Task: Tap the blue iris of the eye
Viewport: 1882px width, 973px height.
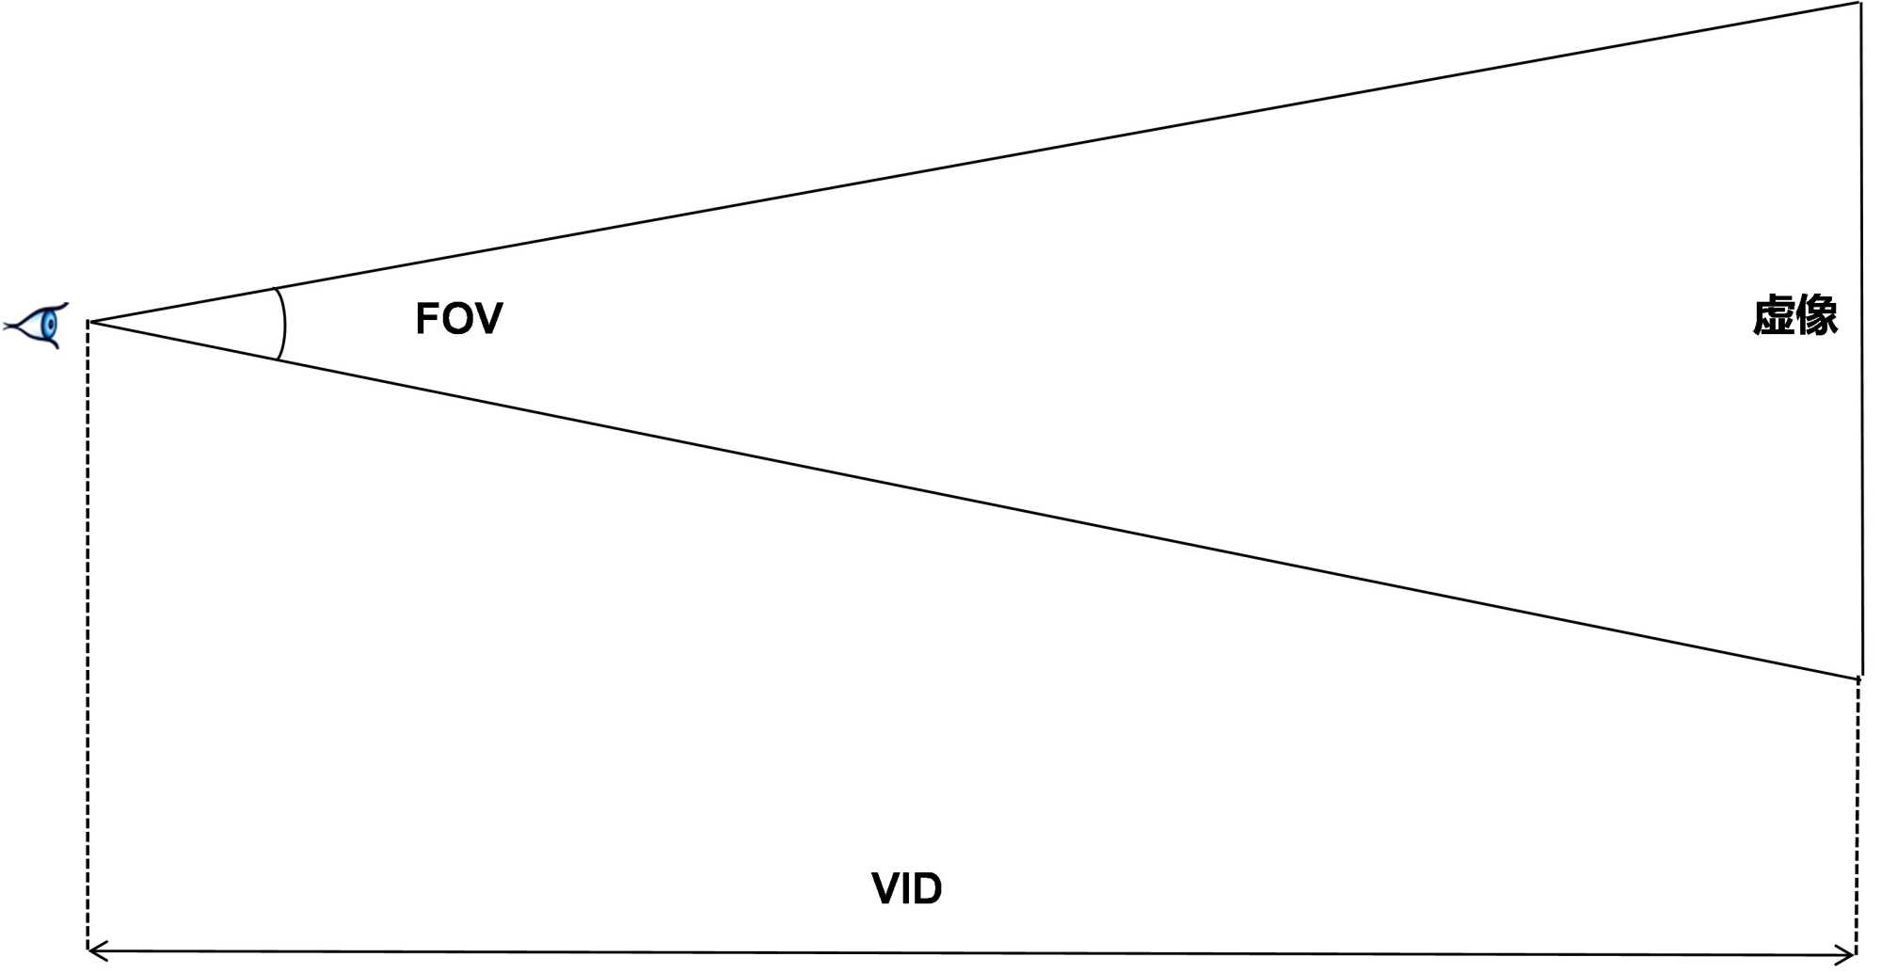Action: [x=50, y=326]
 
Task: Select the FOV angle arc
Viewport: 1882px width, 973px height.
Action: [x=283, y=324]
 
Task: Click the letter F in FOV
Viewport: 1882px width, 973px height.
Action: [x=429, y=319]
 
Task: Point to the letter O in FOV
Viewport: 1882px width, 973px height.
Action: [x=458, y=319]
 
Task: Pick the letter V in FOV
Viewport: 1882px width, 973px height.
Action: [x=488, y=319]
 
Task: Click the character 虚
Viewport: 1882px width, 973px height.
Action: [x=1774, y=315]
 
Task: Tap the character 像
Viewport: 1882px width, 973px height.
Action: [x=1817, y=315]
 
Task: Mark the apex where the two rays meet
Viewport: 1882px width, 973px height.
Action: [x=90, y=323]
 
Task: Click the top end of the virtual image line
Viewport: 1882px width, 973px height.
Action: [x=1860, y=5]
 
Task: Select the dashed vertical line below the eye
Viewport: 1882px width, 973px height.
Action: [x=88, y=640]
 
